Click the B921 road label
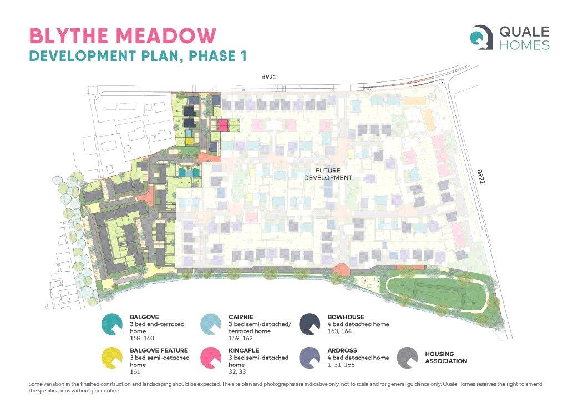pyautogui.click(x=270, y=79)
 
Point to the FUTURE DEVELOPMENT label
pyautogui.click(x=328, y=174)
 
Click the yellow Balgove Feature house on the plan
pyautogui.click(x=189, y=141)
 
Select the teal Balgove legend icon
pyautogui.click(x=113, y=324)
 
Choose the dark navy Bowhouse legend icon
pyautogui.click(x=311, y=324)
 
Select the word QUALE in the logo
pyautogui.click(x=525, y=31)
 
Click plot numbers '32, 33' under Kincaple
pyautogui.click(x=236, y=372)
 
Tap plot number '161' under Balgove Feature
pyautogui.click(x=135, y=372)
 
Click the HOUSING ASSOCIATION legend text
pyautogui.click(x=446, y=358)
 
